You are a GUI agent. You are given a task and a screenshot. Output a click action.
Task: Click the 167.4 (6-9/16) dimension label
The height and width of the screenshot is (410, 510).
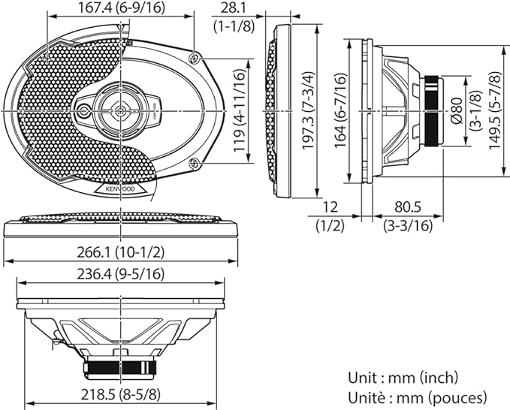[x=121, y=8]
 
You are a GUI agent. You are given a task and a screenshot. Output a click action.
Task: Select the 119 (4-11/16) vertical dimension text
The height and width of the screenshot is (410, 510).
[x=239, y=111]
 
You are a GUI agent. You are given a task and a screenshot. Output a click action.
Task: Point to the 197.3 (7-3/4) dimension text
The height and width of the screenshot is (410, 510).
[x=309, y=110]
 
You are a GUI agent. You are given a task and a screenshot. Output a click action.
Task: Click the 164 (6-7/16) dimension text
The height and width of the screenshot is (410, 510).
[x=341, y=110]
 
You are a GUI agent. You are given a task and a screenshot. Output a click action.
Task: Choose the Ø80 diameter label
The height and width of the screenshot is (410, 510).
[x=457, y=110]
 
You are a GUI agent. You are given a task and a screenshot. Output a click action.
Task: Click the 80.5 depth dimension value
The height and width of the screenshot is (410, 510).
[x=408, y=207]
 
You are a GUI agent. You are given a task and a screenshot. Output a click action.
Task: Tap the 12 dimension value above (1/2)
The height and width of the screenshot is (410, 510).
[x=330, y=207]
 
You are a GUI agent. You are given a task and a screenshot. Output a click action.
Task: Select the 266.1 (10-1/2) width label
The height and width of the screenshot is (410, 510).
[x=121, y=252]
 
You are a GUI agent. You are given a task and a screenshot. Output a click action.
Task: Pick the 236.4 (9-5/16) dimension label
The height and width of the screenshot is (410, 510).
[x=121, y=275]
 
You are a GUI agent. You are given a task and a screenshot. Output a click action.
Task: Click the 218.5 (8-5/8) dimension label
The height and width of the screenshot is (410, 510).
[x=121, y=395]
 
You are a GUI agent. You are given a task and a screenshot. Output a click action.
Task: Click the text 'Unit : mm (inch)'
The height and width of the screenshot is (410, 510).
[x=403, y=378]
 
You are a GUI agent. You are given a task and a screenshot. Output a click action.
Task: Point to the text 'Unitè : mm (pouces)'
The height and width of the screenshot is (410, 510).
[x=418, y=397]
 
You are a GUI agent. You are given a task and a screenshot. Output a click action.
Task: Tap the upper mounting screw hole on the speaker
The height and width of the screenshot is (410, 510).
[x=195, y=59]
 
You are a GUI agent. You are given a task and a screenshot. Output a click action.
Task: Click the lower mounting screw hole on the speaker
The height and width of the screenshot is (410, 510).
[x=195, y=163]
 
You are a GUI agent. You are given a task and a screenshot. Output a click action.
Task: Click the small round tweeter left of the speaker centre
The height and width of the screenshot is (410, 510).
[x=84, y=111]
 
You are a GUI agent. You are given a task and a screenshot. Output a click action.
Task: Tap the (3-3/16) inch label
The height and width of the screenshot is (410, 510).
[x=408, y=226]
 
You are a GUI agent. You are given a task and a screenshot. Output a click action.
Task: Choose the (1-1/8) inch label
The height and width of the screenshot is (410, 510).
[x=234, y=26]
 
